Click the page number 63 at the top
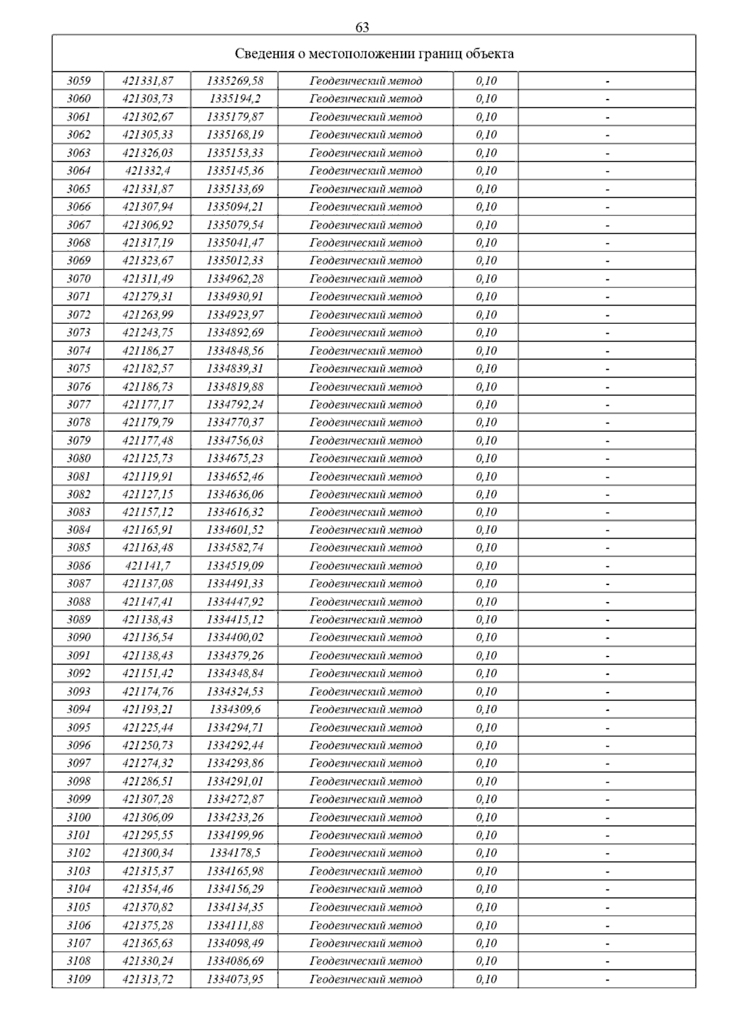tap(362, 27)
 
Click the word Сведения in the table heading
tap(263, 54)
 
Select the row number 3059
tap(79, 81)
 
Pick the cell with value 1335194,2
tap(235, 99)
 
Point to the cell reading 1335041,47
tap(235, 243)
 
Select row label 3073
tap(79, 333)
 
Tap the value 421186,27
tap(148, 351)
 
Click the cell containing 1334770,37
tap(235, 422)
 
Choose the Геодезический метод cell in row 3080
tap(365, 458)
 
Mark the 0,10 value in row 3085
tap(486, 547)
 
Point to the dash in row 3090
tap(607, 638)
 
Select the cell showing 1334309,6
tap(235, 709)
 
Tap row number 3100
tap(79, 817)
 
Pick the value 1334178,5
tap(235, 853)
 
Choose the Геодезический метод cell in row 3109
tap(365, 979)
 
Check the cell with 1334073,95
tap(235, 979)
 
